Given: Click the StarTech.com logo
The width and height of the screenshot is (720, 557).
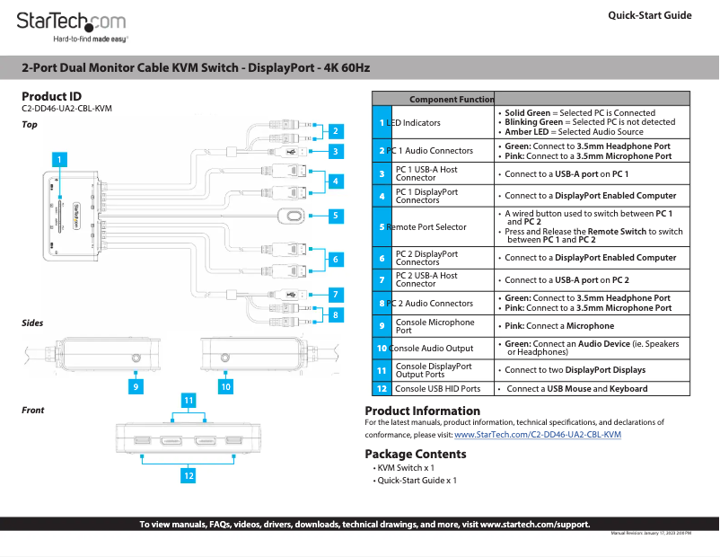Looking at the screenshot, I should (72, 22).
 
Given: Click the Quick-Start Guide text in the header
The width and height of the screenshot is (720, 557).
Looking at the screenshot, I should (649, 15).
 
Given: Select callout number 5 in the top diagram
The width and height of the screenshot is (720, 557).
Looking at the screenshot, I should (335, 216).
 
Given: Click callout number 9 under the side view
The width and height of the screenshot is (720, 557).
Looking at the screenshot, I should (136, 386).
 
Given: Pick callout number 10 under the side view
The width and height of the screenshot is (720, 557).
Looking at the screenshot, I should (225, 386).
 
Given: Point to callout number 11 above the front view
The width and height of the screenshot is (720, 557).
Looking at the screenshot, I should (189, 399).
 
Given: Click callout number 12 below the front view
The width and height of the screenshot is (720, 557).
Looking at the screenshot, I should (188, 476).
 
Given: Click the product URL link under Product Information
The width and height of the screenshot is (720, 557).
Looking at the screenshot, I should (538, 435).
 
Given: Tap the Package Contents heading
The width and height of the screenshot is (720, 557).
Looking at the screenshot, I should (415, 454).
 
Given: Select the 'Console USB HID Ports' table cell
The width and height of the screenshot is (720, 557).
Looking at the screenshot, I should (437, 389).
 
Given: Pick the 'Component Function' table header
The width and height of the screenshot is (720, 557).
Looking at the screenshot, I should (452, 99).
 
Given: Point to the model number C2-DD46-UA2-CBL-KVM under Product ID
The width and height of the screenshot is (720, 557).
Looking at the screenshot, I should (66, 109).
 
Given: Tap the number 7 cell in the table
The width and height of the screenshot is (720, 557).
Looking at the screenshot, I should (382, 279).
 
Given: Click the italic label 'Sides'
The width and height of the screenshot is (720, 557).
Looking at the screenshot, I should (32, 323).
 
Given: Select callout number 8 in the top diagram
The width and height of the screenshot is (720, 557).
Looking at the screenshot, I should (335, 315).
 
